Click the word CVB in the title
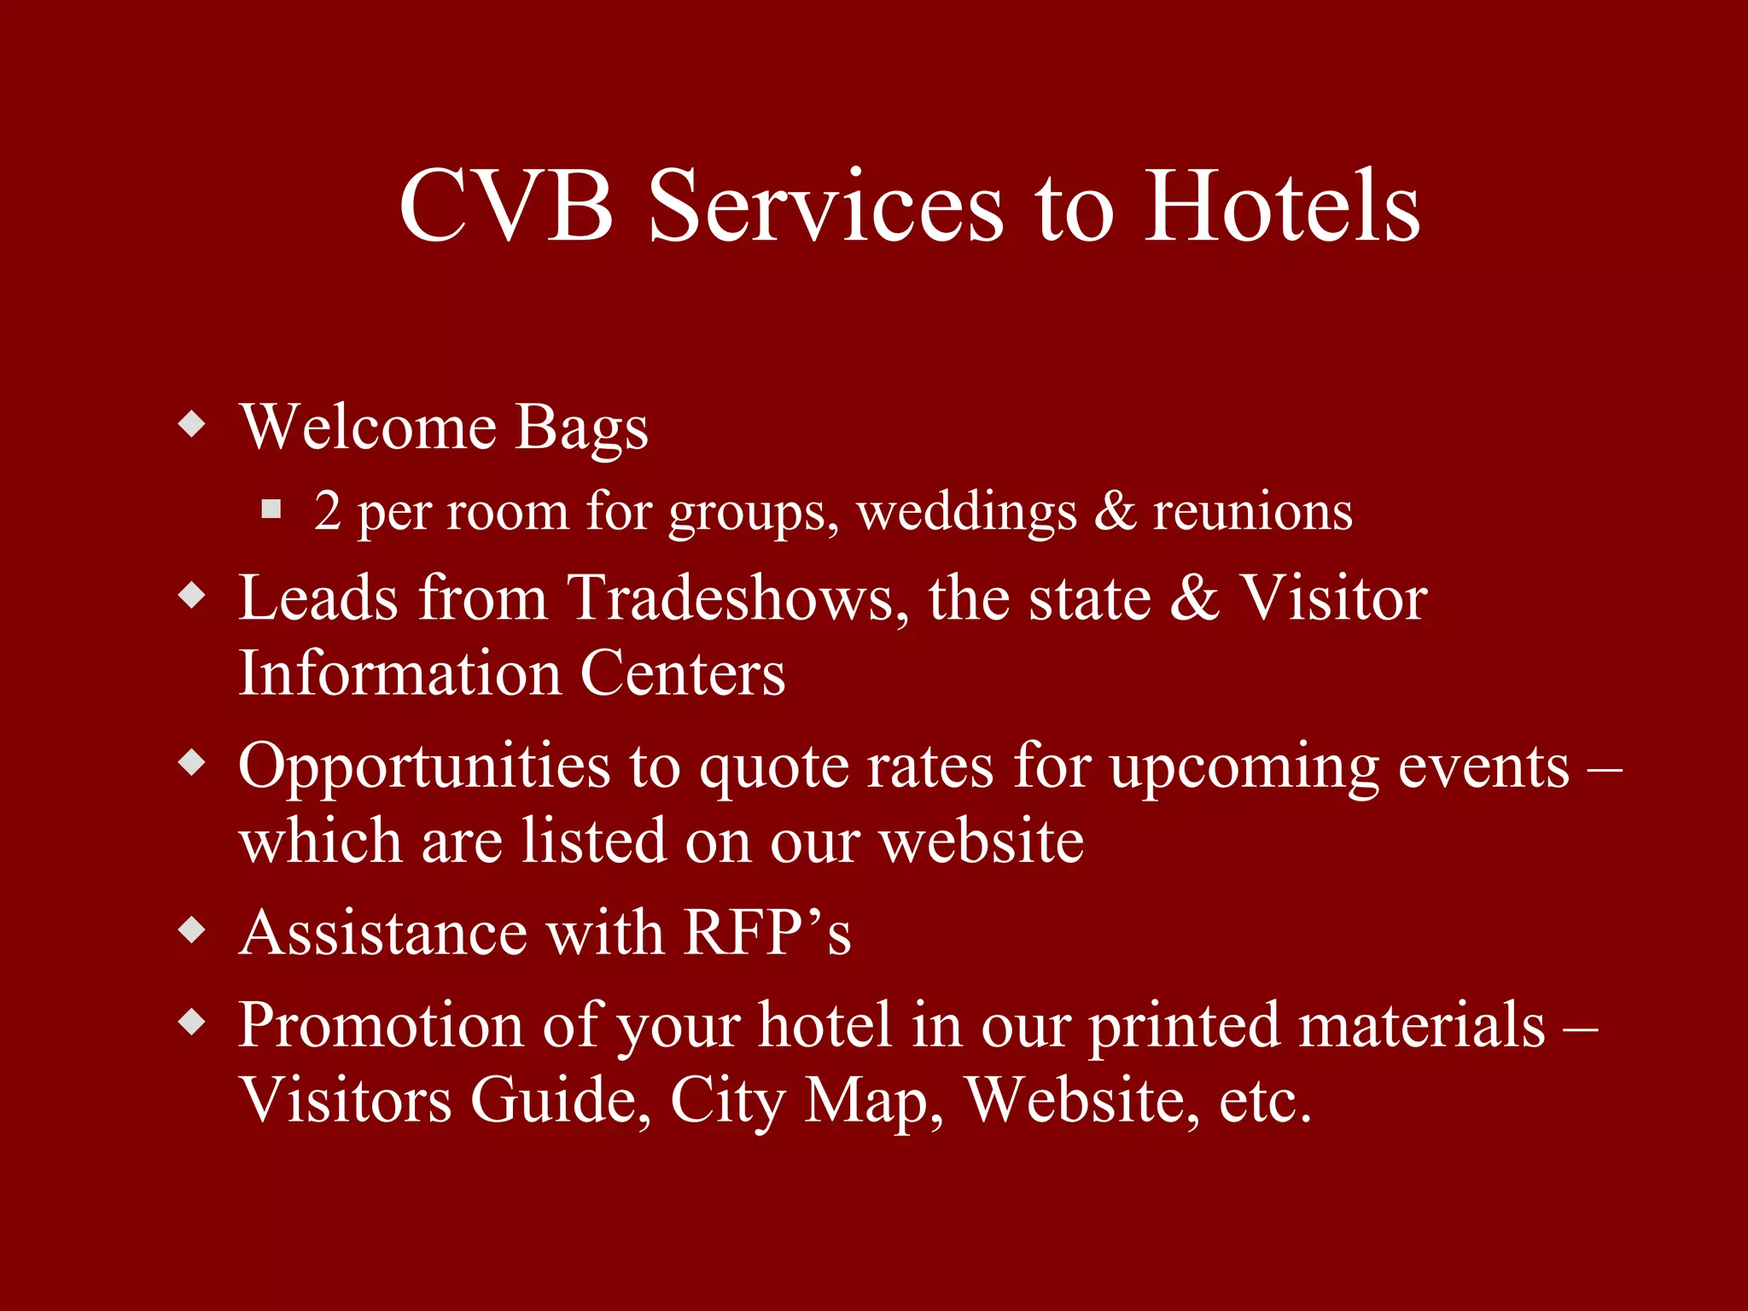point(505,207)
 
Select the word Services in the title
point(825,207)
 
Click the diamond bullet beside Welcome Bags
point(193,423)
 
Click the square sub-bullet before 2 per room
point(271,510)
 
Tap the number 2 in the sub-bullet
point(328,510)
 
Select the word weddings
point(966,512)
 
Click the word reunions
point(1252,512)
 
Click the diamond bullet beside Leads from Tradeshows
point(193,595)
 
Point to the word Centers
point(682,673)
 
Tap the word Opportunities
point(424,766)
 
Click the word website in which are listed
point(982,842)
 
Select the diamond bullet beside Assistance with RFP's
point(193,929)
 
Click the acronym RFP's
point(766,932)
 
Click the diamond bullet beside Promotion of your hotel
point(193,1022)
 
